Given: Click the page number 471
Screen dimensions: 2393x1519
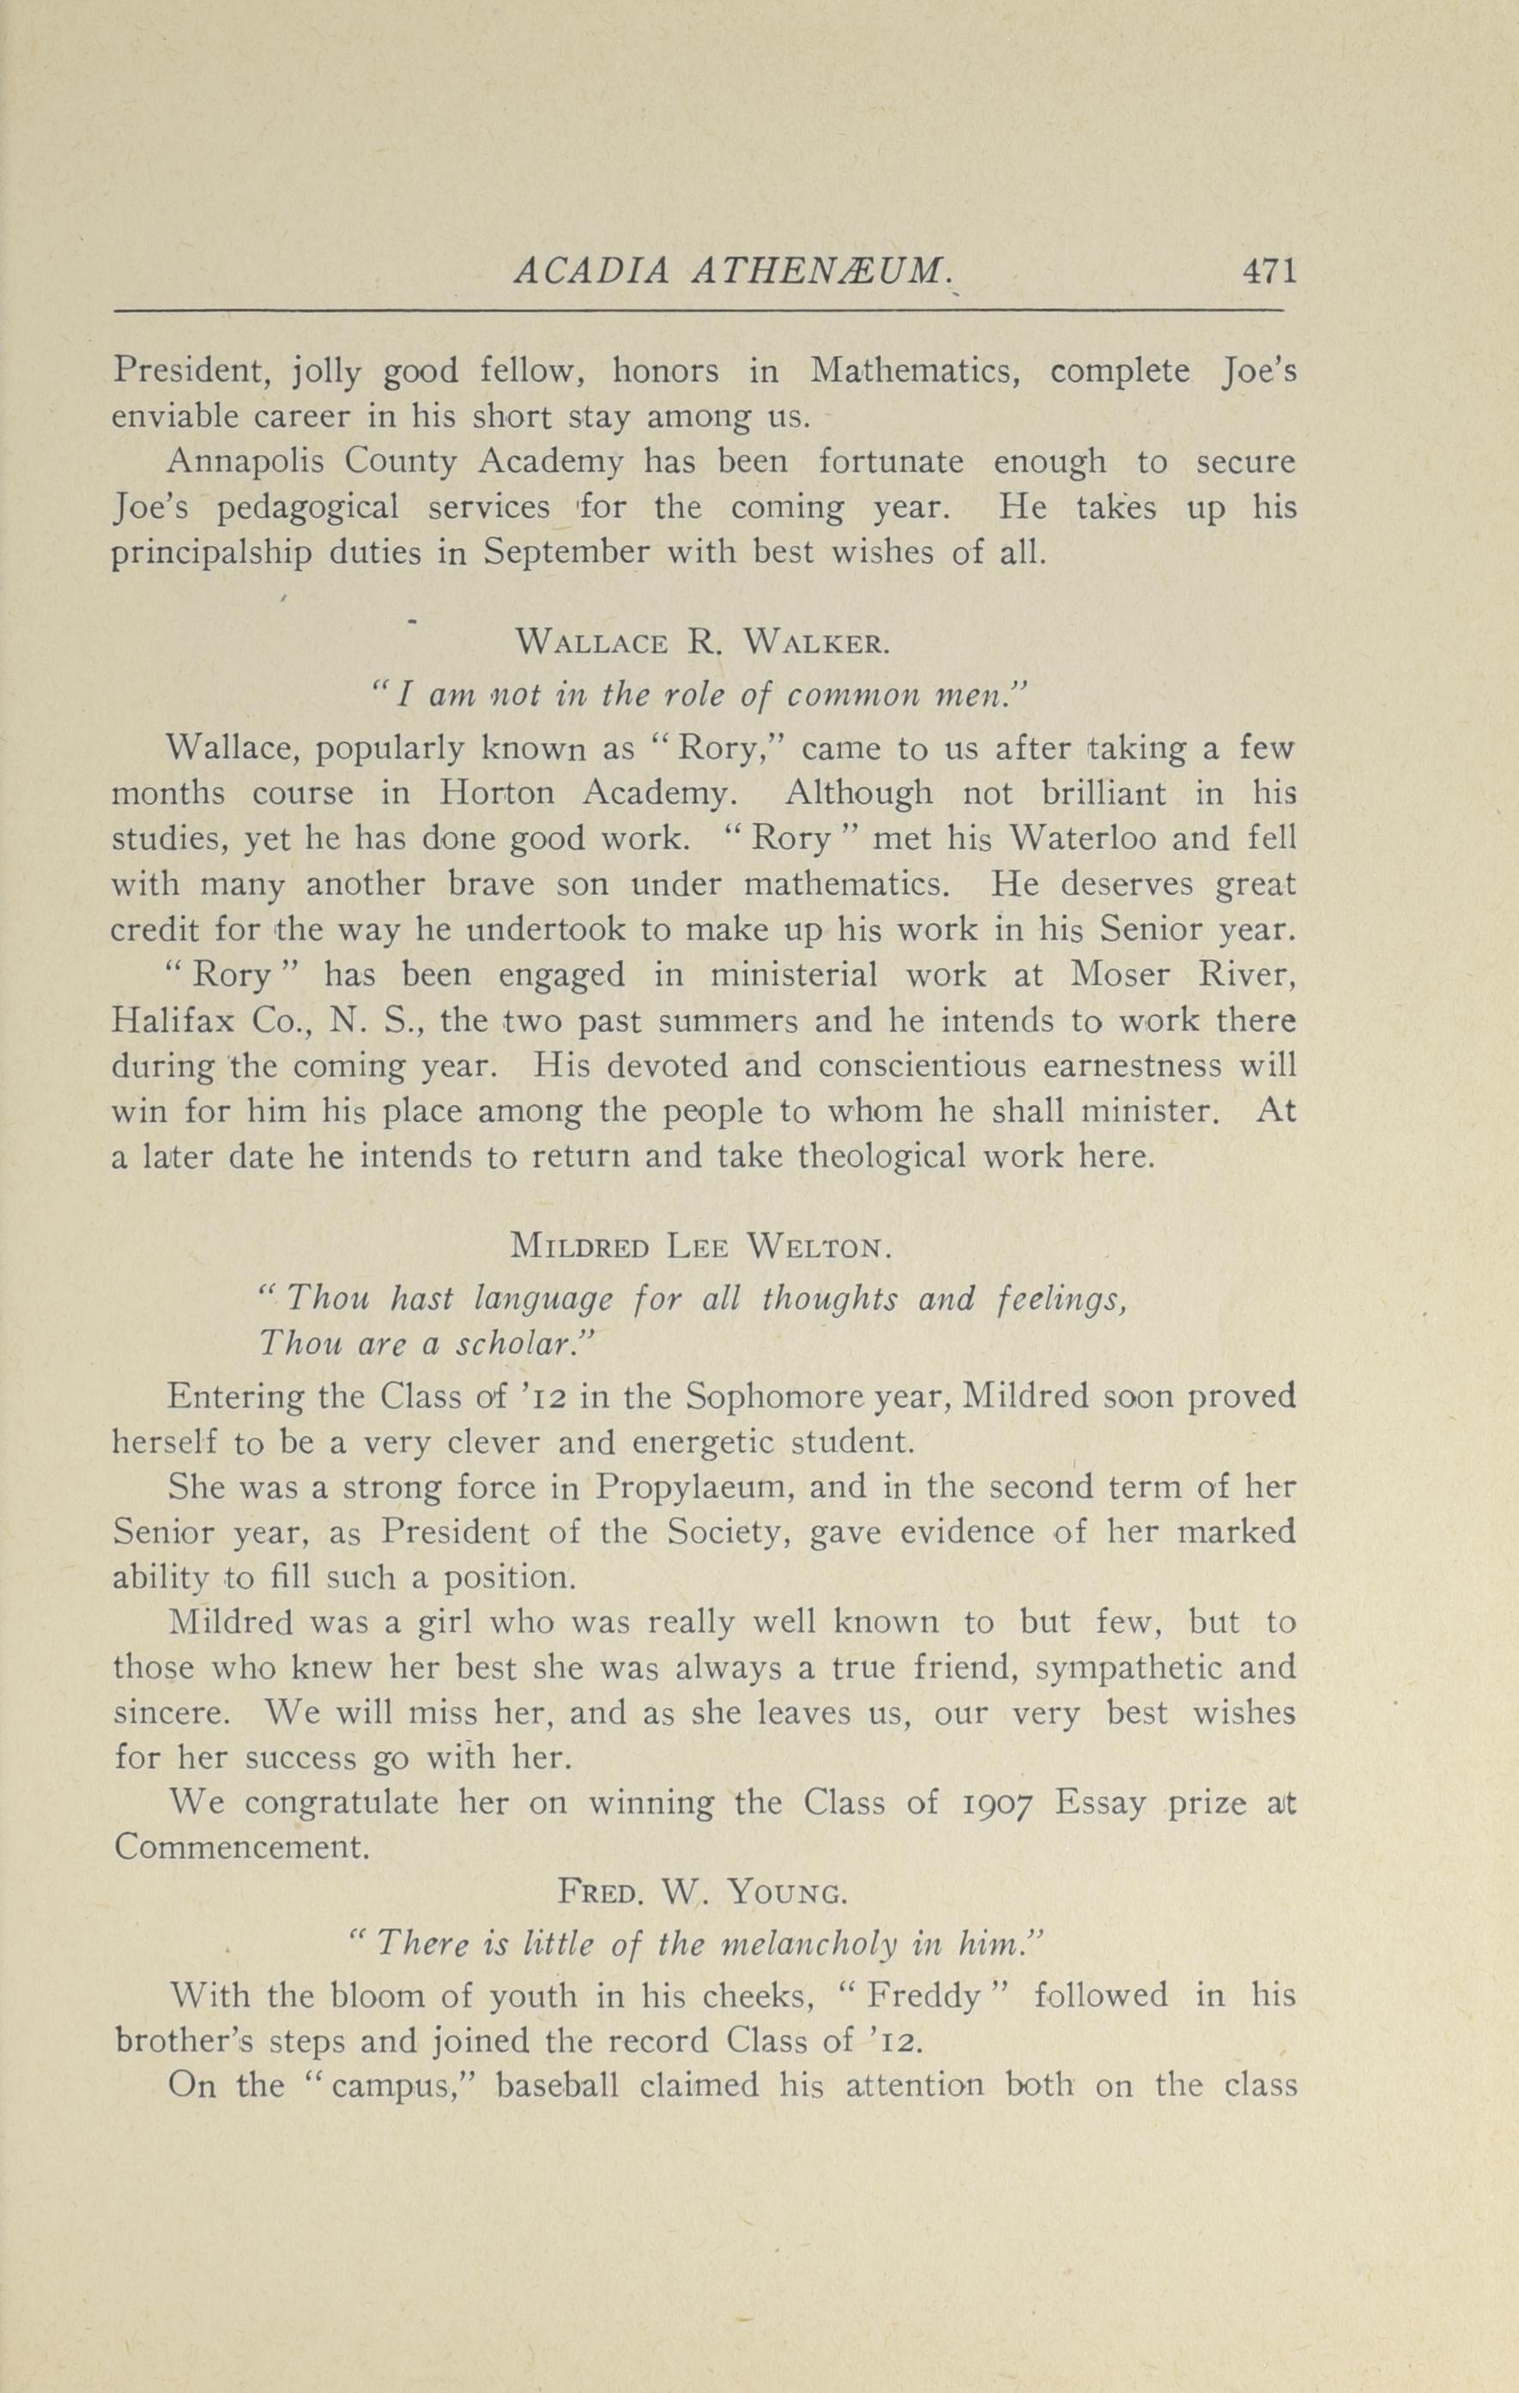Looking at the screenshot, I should tap(1269, 271).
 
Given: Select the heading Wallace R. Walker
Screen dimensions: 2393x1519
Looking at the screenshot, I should tap(703, 642).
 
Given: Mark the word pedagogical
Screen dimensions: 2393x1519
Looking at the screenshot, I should tap(308, 508).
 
